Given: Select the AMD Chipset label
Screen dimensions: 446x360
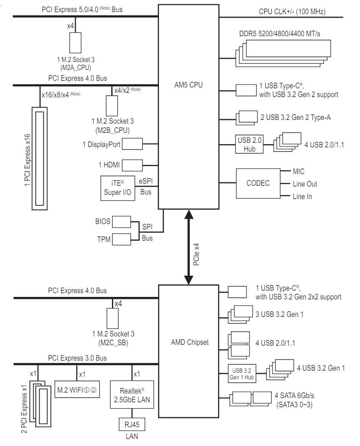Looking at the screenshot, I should [x=189, y=342].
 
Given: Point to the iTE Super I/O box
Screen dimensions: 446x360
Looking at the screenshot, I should [x=118, y=188].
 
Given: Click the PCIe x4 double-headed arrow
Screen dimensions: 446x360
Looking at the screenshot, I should [x=189, y=248].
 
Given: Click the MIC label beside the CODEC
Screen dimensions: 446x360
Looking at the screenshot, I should [x=298, y=171].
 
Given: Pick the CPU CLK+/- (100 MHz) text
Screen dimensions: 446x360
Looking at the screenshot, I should [x=292, y=11].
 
